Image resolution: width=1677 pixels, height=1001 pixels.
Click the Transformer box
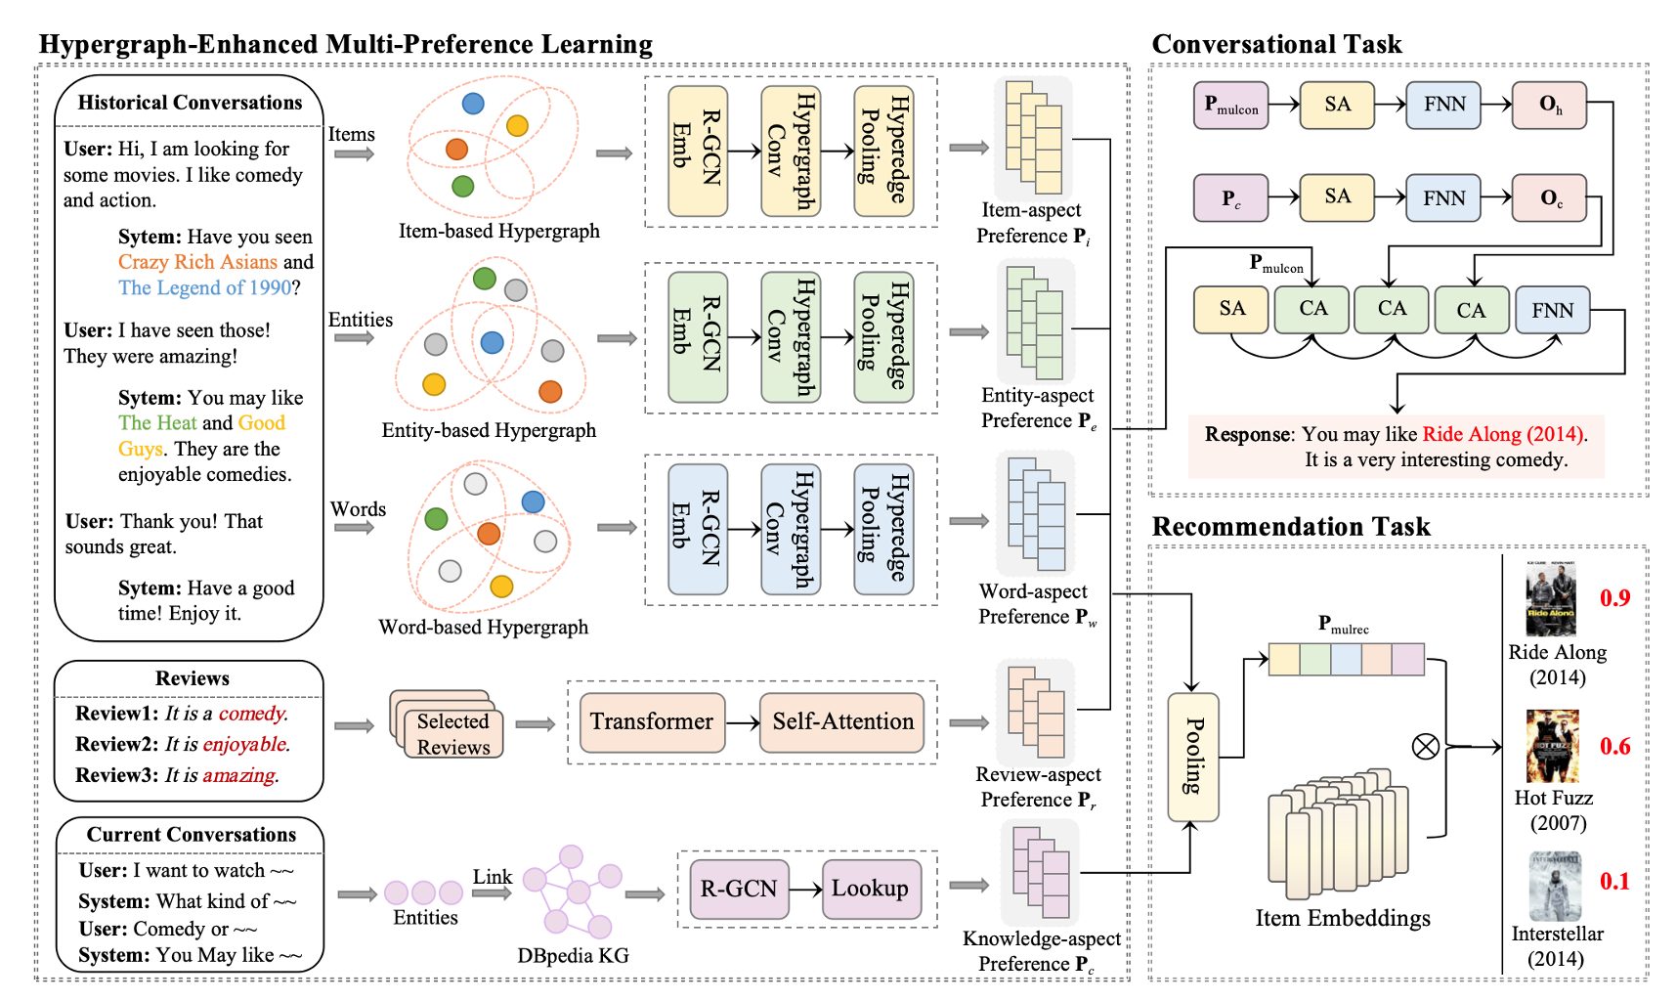click(652, 722)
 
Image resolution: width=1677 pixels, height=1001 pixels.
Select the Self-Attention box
click(842, 722)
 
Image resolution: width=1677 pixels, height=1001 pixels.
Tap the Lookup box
click(870, 889)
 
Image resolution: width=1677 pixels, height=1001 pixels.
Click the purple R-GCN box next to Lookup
click(739, 889)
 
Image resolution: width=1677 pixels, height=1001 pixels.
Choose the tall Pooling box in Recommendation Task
click(1193, 757)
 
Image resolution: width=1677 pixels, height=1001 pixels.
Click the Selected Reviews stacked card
click(452, 733)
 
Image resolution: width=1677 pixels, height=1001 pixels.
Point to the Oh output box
click(1549, 106)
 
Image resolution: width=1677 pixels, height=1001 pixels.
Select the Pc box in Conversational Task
click(1230, 198)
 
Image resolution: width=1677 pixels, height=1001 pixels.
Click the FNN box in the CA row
click(1552, 310)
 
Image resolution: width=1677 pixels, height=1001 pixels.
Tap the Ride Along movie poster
click(1551, 598)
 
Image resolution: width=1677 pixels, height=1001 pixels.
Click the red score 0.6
click(1614, 747)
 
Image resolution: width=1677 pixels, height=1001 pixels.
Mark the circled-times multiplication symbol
click(1426, 747)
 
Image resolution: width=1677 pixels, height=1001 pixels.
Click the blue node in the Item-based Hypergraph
click(473, 103)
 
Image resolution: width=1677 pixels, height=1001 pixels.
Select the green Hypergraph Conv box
click(791, 337)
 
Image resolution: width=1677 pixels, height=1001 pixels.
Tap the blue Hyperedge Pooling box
click(883, 529)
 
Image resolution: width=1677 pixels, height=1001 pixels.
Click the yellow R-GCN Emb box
click(698, 151)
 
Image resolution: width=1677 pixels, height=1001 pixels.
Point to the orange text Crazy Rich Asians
click(197, 262)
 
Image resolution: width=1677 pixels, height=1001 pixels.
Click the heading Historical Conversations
click(190, 103)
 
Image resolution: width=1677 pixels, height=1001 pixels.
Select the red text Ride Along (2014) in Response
click(1503, 434)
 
